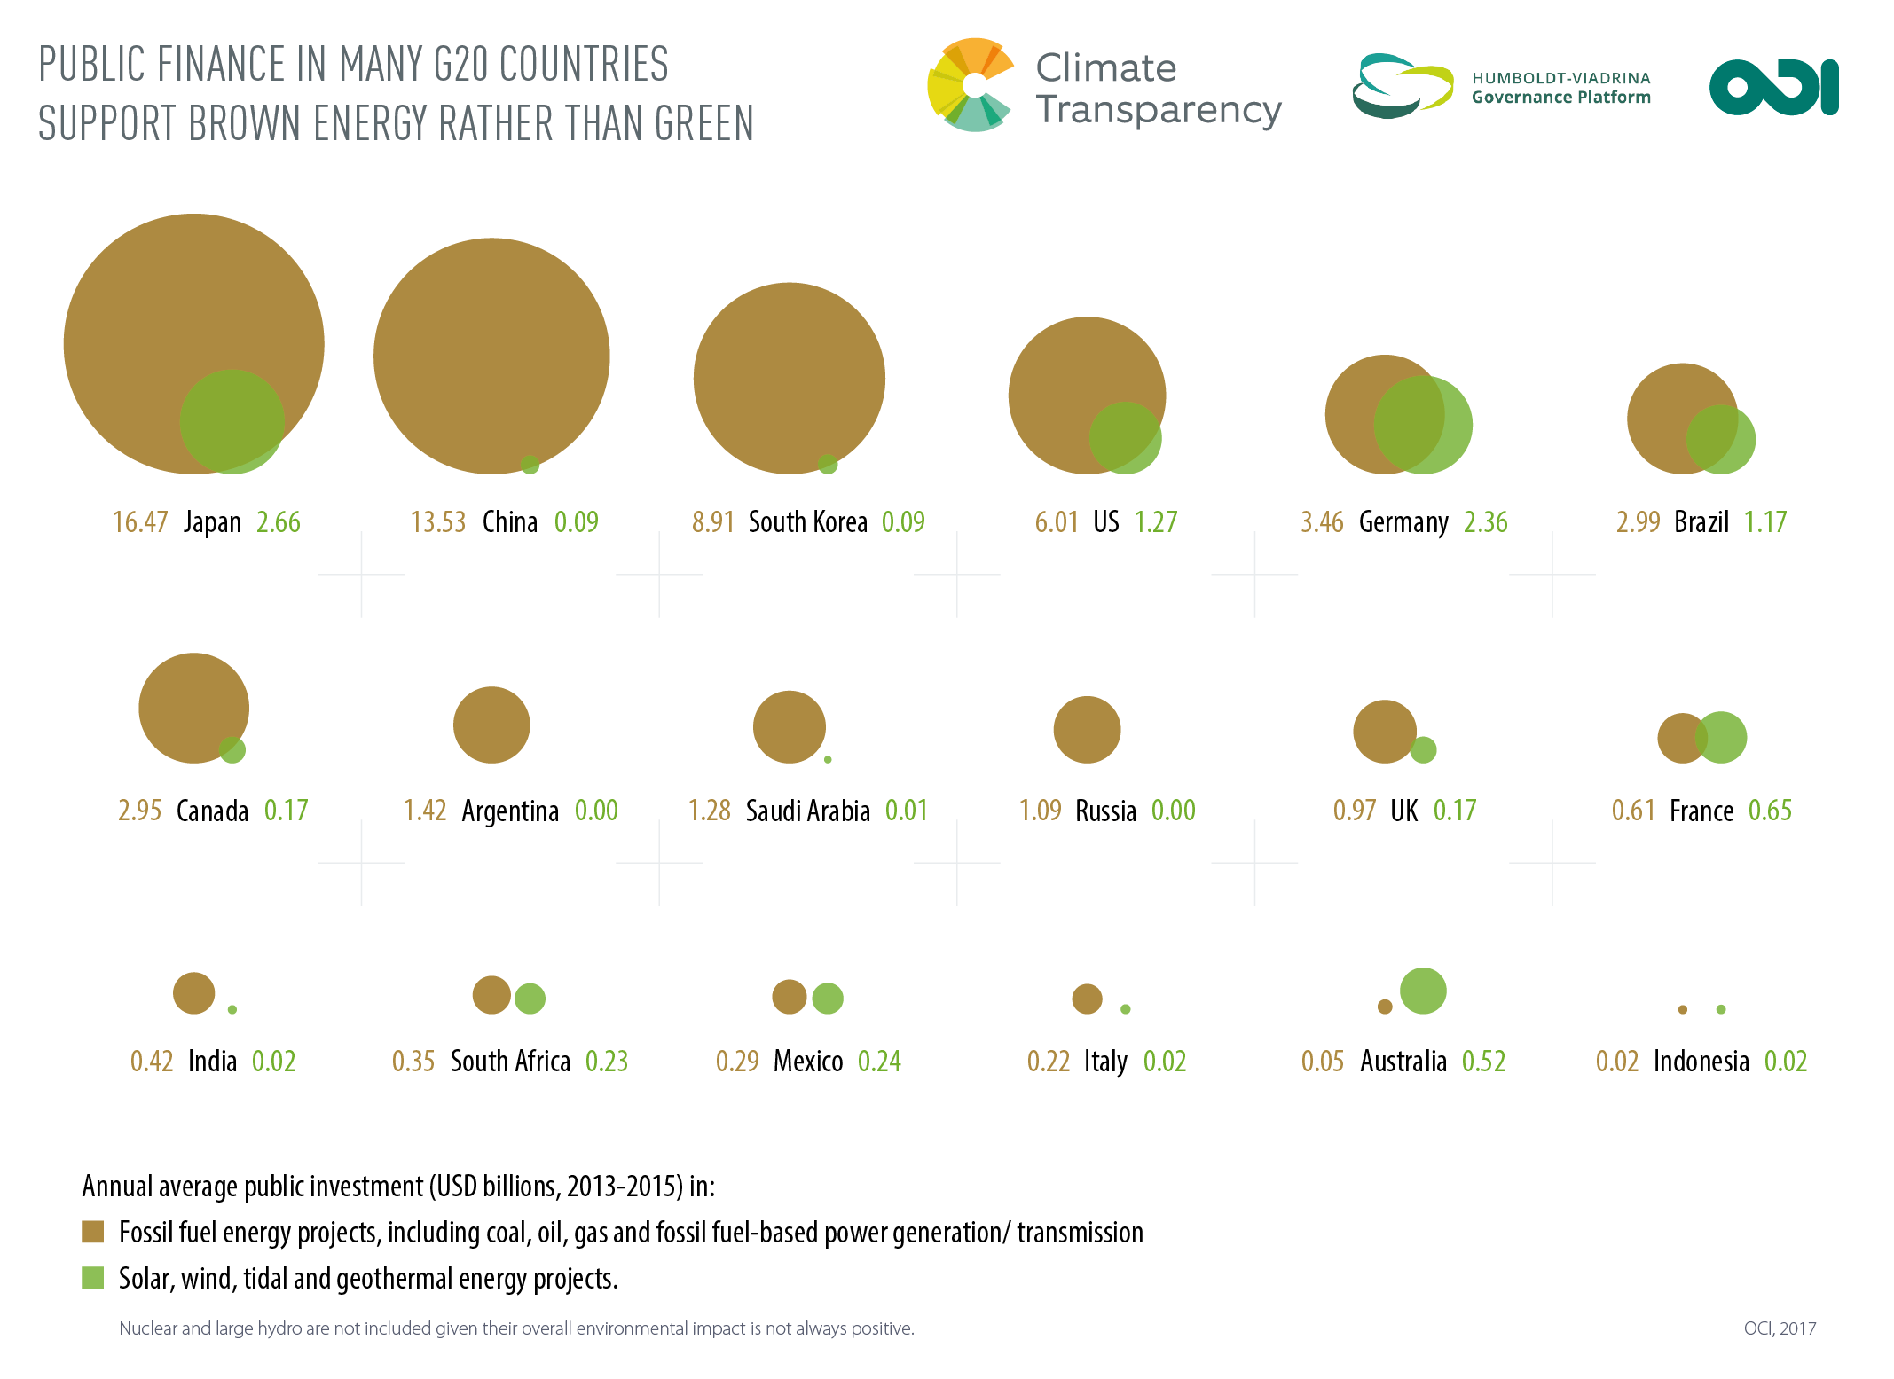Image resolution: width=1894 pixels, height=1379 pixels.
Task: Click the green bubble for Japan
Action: (x=232, y=421)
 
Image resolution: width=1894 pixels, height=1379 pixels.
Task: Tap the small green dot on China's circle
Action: (x=530, y=464)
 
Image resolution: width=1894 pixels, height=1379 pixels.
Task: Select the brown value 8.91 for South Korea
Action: (x=712, y=522)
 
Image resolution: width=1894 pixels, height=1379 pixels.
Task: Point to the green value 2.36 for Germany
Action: (x=1485, y=522)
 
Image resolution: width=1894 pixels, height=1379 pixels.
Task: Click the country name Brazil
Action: (x=1701, y=522)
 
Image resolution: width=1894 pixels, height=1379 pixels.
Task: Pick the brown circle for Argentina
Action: (x=491, y=725)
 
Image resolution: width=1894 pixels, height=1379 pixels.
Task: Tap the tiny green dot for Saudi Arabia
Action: (x=828, y=759)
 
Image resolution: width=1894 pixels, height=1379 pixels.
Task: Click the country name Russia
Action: (x=1105, y=811)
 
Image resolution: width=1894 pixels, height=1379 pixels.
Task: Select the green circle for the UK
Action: (x=1423, y=749)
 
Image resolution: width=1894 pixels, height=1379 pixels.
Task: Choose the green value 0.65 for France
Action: (x=1770, y=811)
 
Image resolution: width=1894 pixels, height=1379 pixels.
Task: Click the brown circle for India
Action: (x=193, y=992)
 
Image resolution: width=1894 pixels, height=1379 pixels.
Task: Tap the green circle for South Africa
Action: (x=530, y=999)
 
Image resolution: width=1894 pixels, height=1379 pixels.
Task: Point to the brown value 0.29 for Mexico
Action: (x=737, y=1062)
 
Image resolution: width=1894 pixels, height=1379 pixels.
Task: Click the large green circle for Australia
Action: (x=1423, y=991)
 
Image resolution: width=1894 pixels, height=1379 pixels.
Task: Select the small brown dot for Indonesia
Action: (x=1682, y=1009)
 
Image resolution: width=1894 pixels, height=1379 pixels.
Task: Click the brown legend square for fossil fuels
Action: (x=93, y=1232)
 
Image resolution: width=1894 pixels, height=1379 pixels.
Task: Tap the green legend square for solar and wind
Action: (x=93, y=1278)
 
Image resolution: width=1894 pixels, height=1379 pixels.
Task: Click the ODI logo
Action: (x=1773, y=87)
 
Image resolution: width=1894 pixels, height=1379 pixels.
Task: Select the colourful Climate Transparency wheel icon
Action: (x=972, y=85)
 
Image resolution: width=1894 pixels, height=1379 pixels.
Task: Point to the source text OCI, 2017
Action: (x=1779, y=1328)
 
